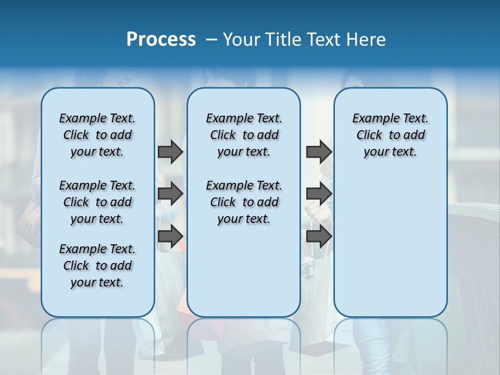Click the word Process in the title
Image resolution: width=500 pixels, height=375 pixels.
161,40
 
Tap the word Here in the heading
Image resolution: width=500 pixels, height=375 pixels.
366,40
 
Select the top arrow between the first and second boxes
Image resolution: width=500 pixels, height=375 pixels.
170,152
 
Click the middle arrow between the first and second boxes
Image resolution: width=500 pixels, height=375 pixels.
170,194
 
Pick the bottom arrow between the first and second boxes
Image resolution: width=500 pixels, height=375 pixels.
170,236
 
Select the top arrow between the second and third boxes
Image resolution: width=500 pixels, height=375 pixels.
319,152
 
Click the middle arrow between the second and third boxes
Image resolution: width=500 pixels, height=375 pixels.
319,194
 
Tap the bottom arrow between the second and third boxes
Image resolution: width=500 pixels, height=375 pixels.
319,236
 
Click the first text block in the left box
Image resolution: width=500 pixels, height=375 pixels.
97,135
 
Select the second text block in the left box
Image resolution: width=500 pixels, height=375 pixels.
97,202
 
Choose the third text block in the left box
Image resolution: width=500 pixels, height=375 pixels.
97,266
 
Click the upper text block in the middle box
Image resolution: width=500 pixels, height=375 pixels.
244,135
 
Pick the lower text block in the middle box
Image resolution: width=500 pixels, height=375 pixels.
244,202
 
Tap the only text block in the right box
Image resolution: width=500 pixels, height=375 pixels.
390,135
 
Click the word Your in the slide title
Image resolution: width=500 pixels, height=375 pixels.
241,40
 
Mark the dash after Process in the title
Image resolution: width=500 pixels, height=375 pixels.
211,40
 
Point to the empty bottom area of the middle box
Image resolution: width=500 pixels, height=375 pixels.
244,276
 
